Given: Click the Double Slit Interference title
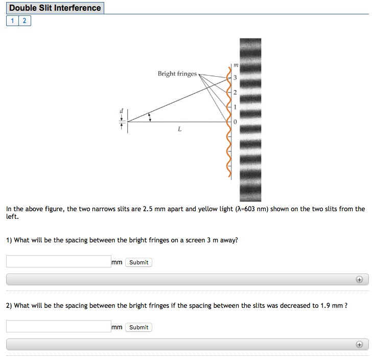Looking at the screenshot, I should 55,8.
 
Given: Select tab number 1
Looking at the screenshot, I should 12,21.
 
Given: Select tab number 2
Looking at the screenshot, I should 24,21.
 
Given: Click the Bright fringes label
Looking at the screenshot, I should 177,74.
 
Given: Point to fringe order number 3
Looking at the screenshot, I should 235,78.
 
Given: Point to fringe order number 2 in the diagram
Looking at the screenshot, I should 235,93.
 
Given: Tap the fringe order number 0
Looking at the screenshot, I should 235,122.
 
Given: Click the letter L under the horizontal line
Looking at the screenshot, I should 179,129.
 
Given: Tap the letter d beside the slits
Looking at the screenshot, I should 121,110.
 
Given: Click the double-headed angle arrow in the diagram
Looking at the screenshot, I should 149,117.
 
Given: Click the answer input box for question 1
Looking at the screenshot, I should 58,262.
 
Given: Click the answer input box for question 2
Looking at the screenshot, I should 58,327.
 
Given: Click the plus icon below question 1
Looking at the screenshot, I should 359,280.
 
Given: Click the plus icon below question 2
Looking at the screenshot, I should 359,345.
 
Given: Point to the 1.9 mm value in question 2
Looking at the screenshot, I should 331,306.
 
